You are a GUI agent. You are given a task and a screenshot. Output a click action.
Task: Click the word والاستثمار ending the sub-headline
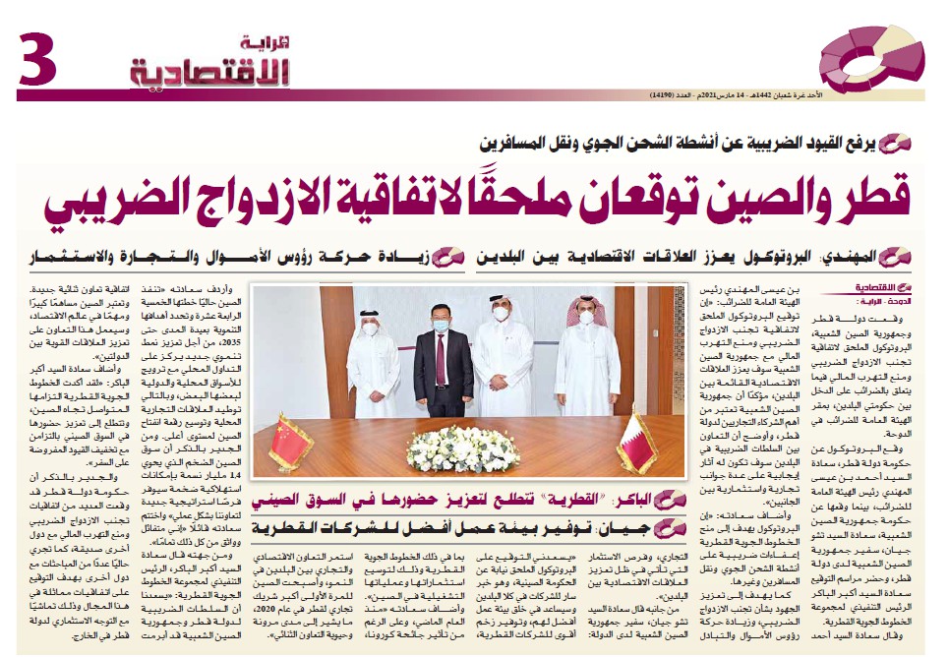point(69,259)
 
